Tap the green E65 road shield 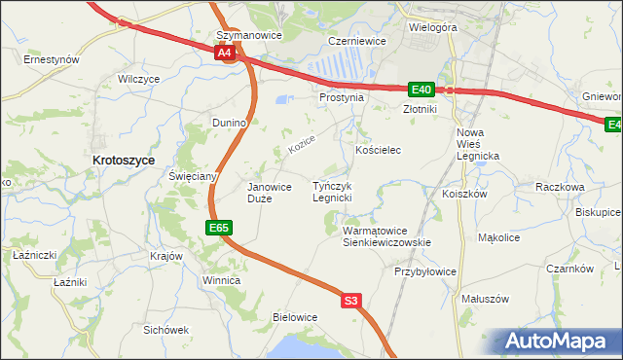(x=219, y=228)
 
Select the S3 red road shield (x=351, y=302)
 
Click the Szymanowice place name (x=248, y=35)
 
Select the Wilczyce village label (x=137, y=79)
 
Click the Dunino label (x=232, y=123)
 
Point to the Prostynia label (x=341, y=97)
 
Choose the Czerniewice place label (x=357, y=42)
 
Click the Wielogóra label (x=432, y=27)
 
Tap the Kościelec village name (x=379, y=151)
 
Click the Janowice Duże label (x=270, y=193)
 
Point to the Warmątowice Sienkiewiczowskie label (x=386, y=236)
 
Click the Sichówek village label (x=165, y=329)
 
